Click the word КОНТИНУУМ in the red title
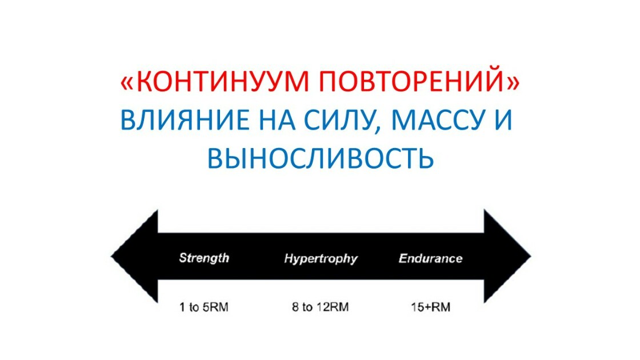click(223, 81)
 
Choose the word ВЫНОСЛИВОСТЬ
click(321, 158)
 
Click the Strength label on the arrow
click(204, 258)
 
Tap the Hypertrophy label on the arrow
click(321, 259)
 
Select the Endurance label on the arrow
click(431, 258)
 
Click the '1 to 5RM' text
click(203, 307)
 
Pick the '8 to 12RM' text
click(321, 307)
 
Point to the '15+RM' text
click(431, 307)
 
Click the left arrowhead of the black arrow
click(135, 257)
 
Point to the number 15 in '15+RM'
click(418, 307)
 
